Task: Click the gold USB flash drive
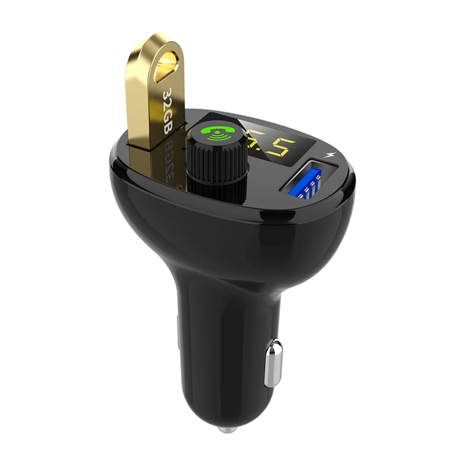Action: click(155, 99)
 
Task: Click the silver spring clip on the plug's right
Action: click(273, 364)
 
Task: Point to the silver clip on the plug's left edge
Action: click(178, 331)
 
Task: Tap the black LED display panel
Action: click(273, 141)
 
